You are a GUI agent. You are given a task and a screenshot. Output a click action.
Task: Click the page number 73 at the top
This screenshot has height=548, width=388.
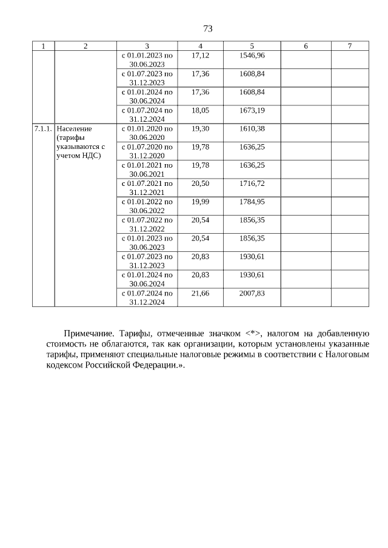tap(207, 29)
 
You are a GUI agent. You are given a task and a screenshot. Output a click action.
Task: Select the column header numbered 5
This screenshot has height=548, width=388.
tap(252, 46)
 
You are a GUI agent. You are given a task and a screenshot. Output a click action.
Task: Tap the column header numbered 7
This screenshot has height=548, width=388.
tap(350, 46)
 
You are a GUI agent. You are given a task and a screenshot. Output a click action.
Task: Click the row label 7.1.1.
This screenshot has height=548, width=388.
tap(43, 129)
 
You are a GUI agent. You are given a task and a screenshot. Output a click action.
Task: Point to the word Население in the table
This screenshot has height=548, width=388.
tap(75, 129)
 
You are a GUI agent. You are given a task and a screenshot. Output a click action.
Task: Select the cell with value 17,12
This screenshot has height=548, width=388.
tap(200, 55)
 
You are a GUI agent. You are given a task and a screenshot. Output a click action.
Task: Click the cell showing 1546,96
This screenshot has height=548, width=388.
tap(252, 55)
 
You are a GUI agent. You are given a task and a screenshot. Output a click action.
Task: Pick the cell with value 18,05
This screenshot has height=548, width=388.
tap(200, 110)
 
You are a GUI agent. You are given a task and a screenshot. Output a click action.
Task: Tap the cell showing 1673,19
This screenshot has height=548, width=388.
tap(252, 110)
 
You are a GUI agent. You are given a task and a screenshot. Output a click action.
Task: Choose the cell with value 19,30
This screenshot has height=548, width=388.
tap(200, 129)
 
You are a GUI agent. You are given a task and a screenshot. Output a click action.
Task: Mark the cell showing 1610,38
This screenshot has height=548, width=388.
tap(252, 129)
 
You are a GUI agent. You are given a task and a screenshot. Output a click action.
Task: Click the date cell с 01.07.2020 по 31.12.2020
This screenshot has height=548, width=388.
tap(147, 151)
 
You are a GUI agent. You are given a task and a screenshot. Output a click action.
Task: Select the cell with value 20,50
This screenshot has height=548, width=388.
tap(200, 183)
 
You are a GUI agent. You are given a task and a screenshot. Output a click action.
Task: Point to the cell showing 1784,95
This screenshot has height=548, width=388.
tap(252, 202)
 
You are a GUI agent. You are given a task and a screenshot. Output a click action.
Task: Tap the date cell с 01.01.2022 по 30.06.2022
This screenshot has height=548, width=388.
tap(147, 206)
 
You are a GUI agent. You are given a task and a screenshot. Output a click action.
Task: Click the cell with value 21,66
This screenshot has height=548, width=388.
tap(200, 293)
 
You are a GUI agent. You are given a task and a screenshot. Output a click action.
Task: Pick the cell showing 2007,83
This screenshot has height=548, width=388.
tap(252, 293)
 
